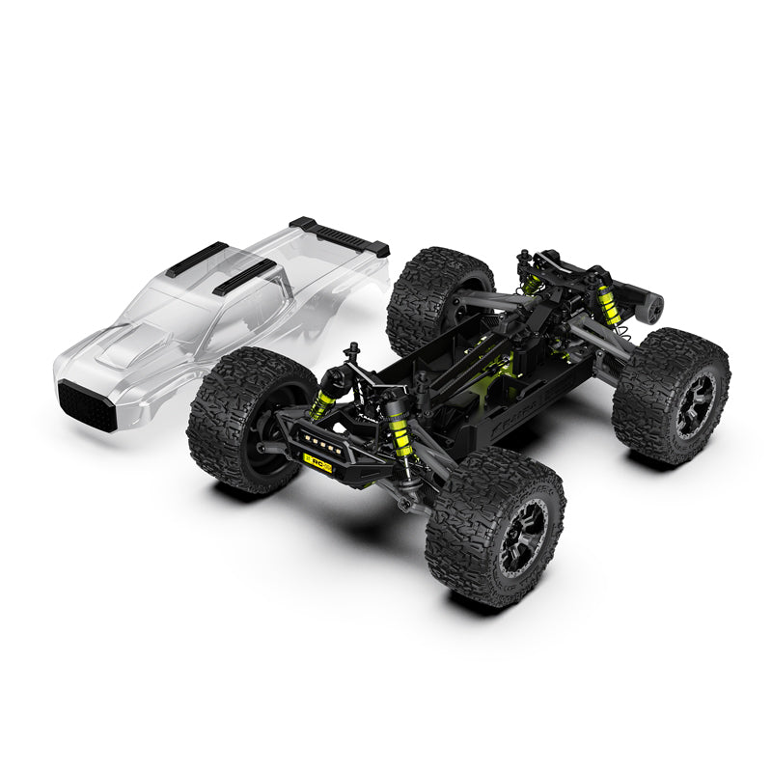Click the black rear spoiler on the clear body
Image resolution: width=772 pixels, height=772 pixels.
point(340,235)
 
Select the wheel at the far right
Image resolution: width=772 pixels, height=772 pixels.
point(672,396)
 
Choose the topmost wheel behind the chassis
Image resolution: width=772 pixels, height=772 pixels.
point(436,299)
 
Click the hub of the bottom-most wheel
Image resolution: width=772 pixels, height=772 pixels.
point(527,536)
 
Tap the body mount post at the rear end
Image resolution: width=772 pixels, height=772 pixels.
point(524,259)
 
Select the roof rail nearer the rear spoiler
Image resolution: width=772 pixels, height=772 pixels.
point(244,276)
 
